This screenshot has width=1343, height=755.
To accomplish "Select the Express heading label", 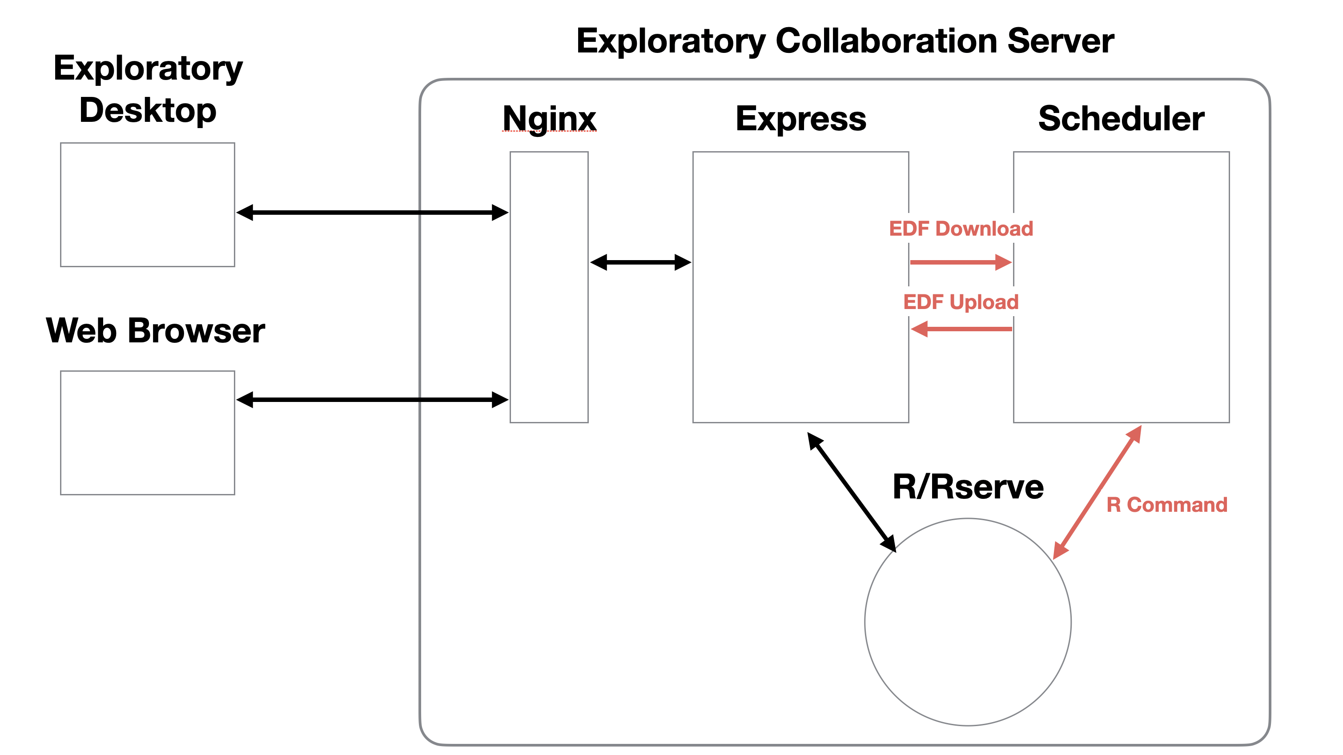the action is pos(801,119).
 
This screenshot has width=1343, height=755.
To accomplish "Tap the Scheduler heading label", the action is pos(1121,118).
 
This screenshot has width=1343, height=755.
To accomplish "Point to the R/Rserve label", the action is pos(968,486).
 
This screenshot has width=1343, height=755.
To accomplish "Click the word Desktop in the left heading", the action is pos(148,111).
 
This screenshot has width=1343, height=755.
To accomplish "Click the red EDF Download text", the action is pos(961,229).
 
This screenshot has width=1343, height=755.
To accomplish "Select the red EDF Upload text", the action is pos(961,302).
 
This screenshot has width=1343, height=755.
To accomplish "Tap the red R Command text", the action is pos(1167,505).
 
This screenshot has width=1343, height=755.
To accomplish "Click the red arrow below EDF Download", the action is pos(961,262).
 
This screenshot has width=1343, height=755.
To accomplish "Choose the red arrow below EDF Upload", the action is pos(961,329).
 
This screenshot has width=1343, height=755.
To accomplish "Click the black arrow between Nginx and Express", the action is pos(641,262).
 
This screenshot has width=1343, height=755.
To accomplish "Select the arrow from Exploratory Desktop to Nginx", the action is pos(372,213).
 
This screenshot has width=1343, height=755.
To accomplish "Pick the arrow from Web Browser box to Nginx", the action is pos(372,400).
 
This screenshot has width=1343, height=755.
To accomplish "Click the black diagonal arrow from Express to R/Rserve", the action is pos(852,492).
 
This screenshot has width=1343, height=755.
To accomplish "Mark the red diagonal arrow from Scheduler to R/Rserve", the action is pos(1098,492).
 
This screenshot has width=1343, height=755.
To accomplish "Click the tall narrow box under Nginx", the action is pos(549,287).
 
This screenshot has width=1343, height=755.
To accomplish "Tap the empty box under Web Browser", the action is pos(148,433).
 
